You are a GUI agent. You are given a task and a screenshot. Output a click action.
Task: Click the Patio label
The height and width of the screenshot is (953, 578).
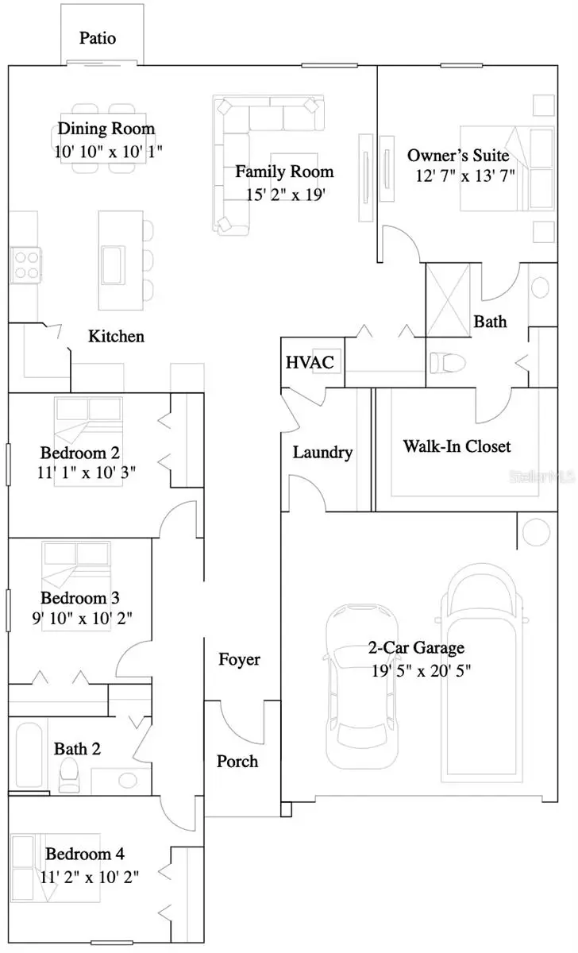pos(98,38)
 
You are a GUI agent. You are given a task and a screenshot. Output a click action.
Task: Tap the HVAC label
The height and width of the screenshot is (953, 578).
pos(304,362)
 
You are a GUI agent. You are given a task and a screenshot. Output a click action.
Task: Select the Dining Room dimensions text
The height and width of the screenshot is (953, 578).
pos(109,151)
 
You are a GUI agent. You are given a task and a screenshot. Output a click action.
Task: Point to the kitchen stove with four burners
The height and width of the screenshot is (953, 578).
pos(25,264)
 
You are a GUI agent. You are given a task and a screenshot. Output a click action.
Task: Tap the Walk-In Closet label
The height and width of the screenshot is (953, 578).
pos(457,446)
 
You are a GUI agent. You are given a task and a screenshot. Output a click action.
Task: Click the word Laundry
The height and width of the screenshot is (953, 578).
pos(322,453)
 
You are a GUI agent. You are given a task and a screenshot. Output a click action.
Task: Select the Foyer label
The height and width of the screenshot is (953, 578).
pos(239,659)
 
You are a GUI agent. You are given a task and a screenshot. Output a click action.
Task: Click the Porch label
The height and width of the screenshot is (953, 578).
pos(237,762)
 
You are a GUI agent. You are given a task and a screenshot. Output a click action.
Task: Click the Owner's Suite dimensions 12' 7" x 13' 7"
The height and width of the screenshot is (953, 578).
pos(465,176)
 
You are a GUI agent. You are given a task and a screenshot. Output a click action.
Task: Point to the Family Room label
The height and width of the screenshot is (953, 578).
pos(283,172)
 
